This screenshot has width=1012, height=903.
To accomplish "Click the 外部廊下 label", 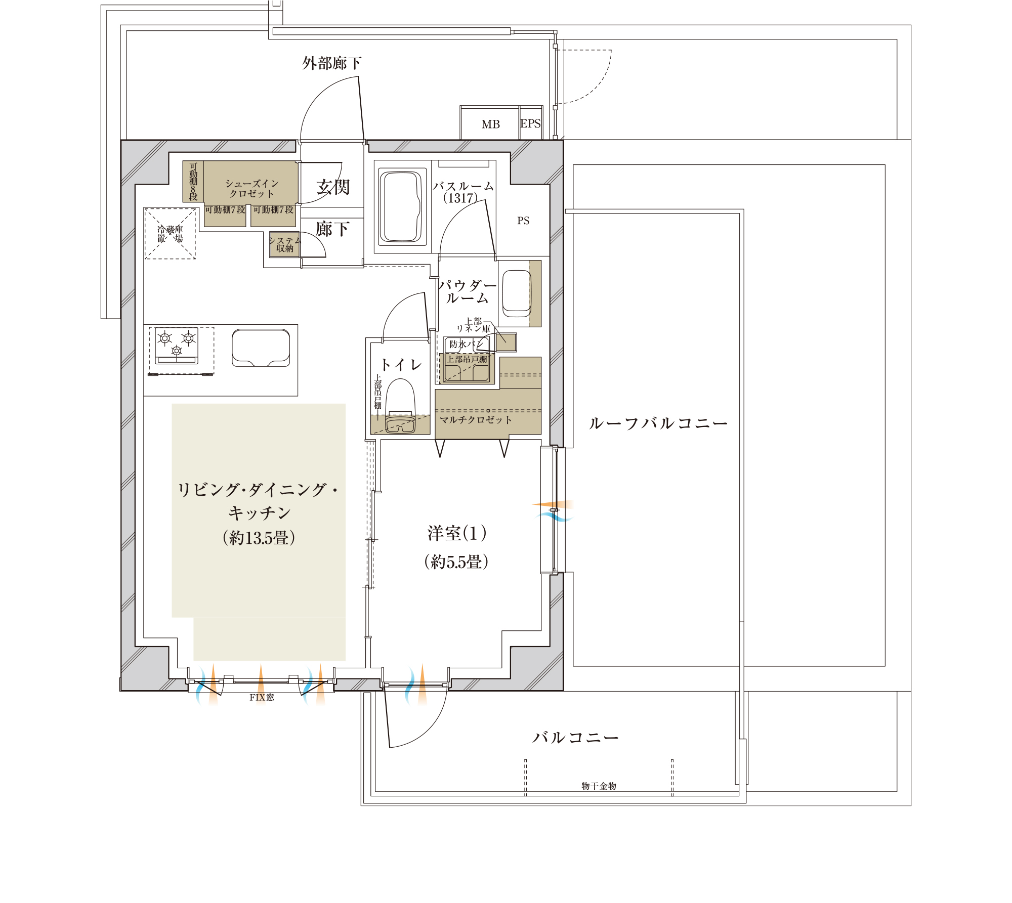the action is pyautogui.click(x=332, y=63).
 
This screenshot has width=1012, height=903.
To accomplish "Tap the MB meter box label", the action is pyautogui.click(x=490, y=124).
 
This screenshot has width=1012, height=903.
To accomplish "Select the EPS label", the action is pyautogui.click(x=530, y=123).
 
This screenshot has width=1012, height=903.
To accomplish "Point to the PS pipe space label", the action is pyautogui.click(x=523, y=221).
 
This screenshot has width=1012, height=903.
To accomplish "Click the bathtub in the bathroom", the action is pyautogui.click(x=400, y=206).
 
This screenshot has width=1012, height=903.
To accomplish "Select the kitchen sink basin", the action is pyautogui.click(x=261, y=348).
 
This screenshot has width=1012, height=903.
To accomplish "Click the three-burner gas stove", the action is pyautogui.click(x=177, y=346).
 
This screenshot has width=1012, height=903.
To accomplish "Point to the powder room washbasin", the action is pyautogui.click(x=517, y=293).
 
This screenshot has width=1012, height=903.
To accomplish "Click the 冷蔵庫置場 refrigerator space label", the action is pyautogui.click(x=170, y=234).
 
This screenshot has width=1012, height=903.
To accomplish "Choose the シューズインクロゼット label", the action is pyautogui.click(x=251, y=188).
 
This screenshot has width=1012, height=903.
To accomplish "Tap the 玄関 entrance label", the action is pyautogui.click(x=333, y=187).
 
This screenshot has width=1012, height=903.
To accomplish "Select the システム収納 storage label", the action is pyautogui.click(x=285, y=244).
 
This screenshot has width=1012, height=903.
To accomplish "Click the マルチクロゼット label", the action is pyautogui.click(x=476, y=419).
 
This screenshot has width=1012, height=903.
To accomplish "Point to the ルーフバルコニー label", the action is pyautogui.click(x=658, y=423).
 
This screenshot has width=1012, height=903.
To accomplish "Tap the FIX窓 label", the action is pyautogui.click(x=262, y=697).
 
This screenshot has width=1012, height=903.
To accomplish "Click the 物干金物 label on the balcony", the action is pyautogui.click(x=599, y=786).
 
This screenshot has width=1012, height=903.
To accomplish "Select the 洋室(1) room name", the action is pyautogui.click(x=457, y=533).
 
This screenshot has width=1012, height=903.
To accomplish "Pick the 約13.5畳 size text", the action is pyautogui.click(x=259, y=538).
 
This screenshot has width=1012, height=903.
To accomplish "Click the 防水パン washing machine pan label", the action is pyautogui.click(x=466, y=345).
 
